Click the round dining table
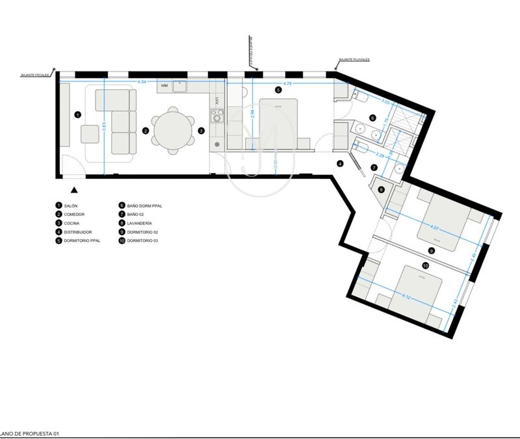173,130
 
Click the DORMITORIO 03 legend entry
143,241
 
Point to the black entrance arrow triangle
75,190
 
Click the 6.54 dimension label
142,82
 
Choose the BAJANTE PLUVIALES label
354,59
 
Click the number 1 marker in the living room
77,115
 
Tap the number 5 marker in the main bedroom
278,90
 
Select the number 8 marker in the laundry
382,190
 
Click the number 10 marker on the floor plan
425,265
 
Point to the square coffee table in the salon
90,133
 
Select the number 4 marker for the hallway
339,164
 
